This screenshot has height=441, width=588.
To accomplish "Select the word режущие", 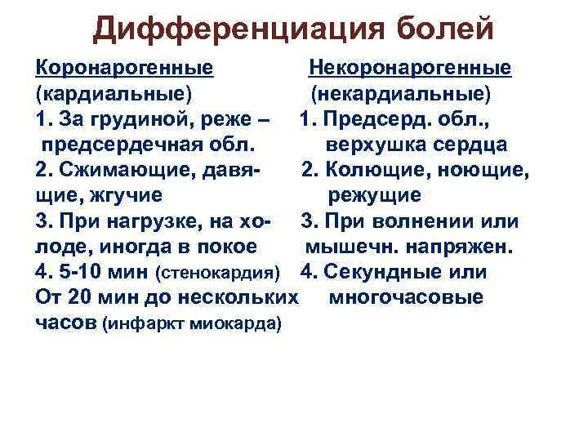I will click(x=375, y=196).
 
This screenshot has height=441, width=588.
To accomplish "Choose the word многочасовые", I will click(x=406, y=297).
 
